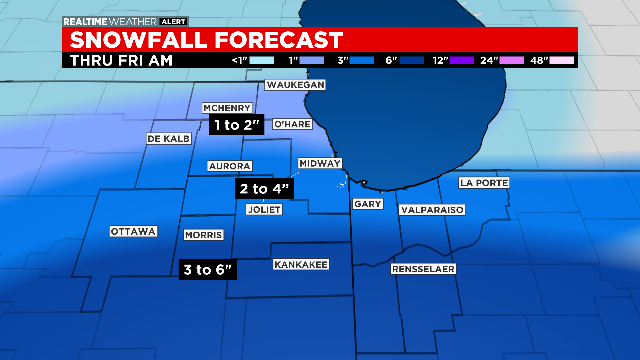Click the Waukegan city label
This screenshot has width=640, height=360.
coord(296,86)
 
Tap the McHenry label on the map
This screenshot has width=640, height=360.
coord(226,108)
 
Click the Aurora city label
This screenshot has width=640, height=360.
coord(228,165)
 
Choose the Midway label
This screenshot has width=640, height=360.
coord(321,163)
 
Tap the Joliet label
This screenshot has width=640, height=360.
coord(264,210)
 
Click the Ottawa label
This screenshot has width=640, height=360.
coord(134,232)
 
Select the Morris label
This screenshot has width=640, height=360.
coord(203,235)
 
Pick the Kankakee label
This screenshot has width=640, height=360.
coord(300,264)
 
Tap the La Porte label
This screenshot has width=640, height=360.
coord(485,183)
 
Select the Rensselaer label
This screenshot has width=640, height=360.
coord(424,270)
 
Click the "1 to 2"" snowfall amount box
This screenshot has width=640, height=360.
coord(237,125)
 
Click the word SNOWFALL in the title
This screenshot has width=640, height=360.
coord(142,40)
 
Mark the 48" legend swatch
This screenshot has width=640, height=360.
coord(562,60)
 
